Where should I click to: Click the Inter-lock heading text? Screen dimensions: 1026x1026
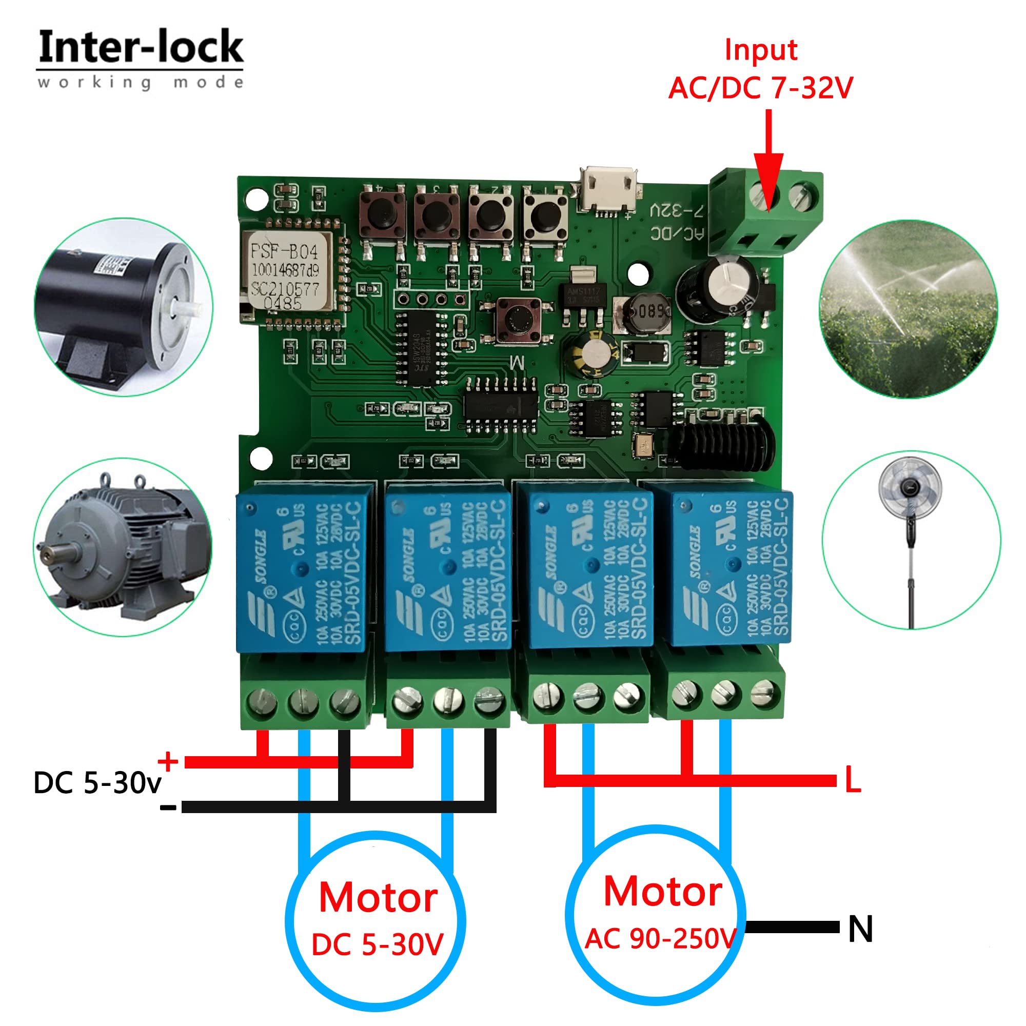[x=141, y=48]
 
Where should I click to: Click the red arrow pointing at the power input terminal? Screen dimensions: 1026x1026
[x=768, y=160]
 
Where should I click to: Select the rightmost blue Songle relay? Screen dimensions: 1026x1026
[x=731, y=565]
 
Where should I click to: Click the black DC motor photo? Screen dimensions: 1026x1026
[x=123, y=307]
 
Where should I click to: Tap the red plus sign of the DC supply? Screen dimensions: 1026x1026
[x=168, y=760]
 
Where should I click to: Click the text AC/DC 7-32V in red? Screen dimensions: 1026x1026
[x=760, y=88]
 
